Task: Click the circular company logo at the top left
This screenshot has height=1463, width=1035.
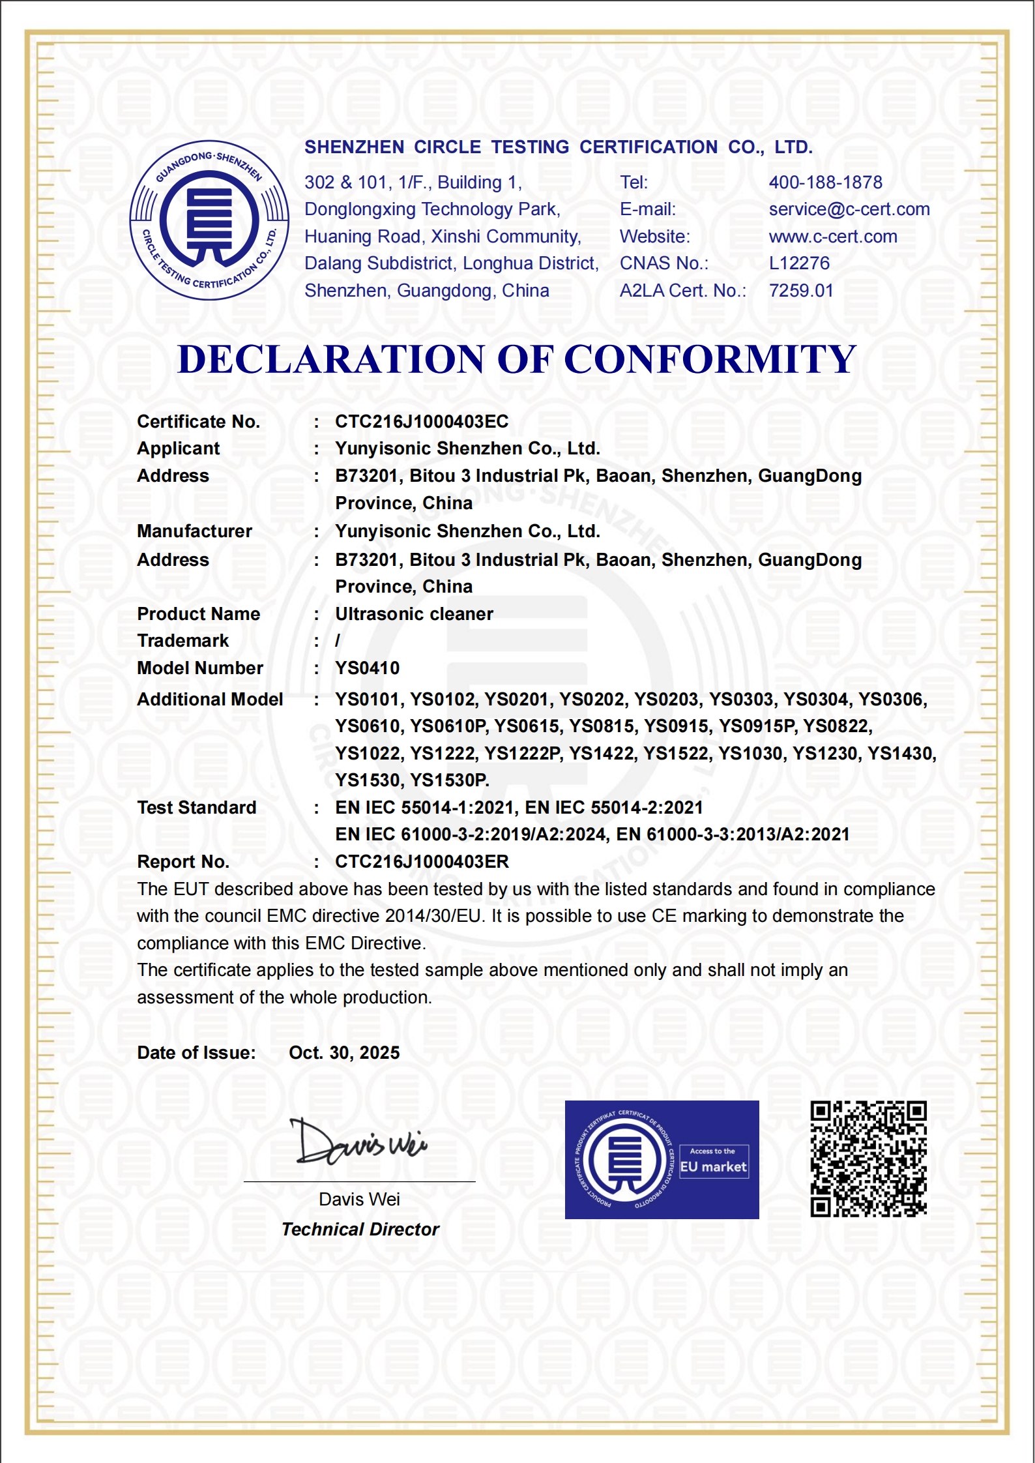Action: pos(209,220)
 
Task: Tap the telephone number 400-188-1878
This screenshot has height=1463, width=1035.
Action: pos(825,183)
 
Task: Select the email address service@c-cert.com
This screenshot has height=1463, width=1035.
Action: pos(849,209)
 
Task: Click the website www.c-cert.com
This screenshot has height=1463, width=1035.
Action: pos(832,237)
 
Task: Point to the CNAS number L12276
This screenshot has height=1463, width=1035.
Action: pos(799,263)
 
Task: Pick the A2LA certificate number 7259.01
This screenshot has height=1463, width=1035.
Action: pos(801,291)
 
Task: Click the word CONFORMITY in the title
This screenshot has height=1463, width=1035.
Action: pos(710,359)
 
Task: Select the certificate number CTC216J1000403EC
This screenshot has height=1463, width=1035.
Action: pos(421,422)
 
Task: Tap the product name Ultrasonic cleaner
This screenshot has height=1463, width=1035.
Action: pos(414,614)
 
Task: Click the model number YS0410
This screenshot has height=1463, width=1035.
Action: pos(367,668)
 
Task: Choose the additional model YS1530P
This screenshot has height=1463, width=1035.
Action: pos(450,780)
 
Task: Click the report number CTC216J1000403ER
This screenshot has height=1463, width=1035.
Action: pos(421,862)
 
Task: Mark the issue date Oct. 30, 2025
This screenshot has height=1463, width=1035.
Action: pos(344,1053)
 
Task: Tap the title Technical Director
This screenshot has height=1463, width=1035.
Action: pos(360,1230)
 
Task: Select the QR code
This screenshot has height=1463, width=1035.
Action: pos(868,1159)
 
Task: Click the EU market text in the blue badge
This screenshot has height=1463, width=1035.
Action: pos(713,1167)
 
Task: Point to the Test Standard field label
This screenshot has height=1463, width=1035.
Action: pos(196,808)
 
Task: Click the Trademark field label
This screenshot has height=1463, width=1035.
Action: pos(182,641)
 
